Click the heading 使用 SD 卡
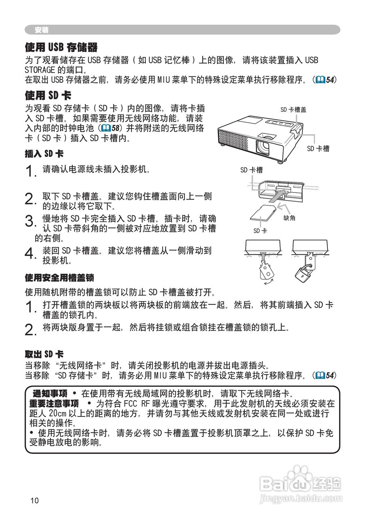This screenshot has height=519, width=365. click(x=48, y=96)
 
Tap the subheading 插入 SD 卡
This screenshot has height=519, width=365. click(x=44, y=154)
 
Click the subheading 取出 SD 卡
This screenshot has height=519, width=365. click(x=44, y=354)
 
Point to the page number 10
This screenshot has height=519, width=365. click(x=34, y=500)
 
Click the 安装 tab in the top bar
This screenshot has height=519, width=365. click(x=42, y=30)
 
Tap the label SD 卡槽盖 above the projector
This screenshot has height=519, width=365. click(x=293, y=109)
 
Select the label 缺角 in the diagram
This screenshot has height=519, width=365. click(x=290, y=218)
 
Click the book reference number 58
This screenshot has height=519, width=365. click(x=116, y=128)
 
